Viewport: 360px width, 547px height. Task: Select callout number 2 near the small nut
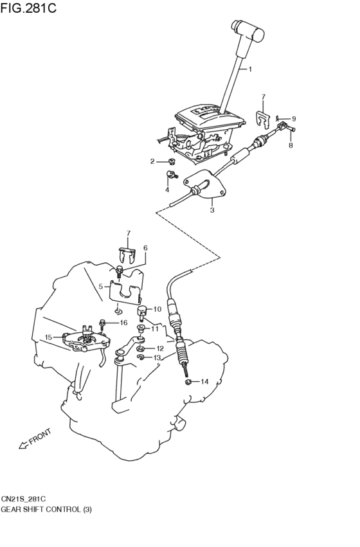click(152, 161)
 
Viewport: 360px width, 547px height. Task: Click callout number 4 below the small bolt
click(167, 190)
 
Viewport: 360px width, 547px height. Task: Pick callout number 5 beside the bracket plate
click(100, 286)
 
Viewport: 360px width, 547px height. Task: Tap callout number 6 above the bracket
click(145, 247)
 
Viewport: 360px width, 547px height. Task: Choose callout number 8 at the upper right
click(290, 146)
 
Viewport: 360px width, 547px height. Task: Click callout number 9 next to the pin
click(293, 119)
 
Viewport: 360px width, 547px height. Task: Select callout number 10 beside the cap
click(157, 309)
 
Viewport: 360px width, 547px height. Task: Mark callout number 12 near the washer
click(159, 348)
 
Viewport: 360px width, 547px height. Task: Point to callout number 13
click(157, 358)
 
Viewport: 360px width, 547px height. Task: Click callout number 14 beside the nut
click(204, 382)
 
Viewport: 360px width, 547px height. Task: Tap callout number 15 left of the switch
click(48, 337)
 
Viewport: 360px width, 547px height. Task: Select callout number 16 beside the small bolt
click(123, 323)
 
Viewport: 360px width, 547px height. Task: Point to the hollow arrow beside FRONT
click(24, 444)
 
